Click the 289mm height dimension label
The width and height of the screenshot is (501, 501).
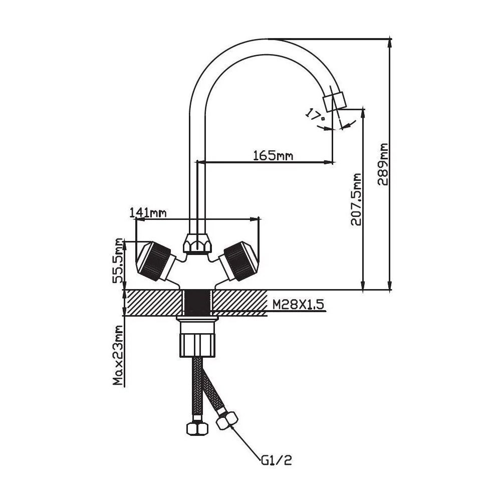[x=383, y=164]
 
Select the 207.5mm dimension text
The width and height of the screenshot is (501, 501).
[x=356, y=199]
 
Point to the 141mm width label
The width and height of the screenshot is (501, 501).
[x=148, y=212]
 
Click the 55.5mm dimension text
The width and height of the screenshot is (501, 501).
[x=119, y=261]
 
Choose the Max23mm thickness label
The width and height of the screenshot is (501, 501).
[x=118, y=355]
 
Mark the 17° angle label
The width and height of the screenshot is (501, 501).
[x=315, y=116]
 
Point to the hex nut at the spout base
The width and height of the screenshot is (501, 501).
[x=197, y=244]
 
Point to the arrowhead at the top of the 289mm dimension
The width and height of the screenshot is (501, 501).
[x=390, y=42]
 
